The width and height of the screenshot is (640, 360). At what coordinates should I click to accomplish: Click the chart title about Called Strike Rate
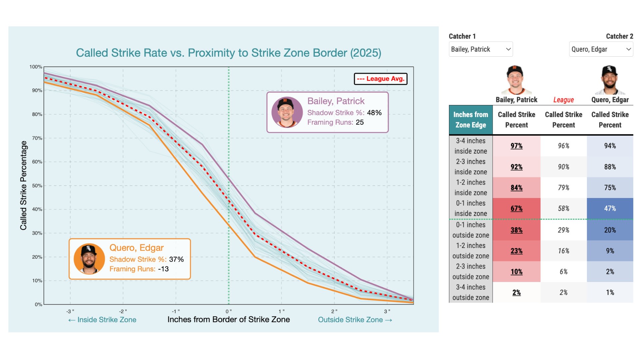(x=228, y=53)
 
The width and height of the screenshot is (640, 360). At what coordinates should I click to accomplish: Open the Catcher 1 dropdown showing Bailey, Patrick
(x=480, y=49)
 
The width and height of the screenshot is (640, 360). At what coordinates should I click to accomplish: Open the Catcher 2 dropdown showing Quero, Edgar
(x=601, y=49)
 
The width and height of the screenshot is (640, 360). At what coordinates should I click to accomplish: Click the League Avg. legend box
(x=380, y=79)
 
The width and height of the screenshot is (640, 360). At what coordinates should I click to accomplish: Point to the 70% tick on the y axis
(x=37, y=138)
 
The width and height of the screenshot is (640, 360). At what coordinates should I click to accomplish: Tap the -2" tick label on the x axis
(x=123, y=311)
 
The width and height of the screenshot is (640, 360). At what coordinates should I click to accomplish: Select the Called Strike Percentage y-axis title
(x=23, y=185)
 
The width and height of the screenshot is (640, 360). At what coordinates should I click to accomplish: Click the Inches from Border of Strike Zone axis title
(x=228, y=320)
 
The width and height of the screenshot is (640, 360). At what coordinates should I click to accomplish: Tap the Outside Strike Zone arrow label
(x=355, y=320)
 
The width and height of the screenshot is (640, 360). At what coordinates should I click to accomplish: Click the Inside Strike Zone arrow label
(x=102, y=320)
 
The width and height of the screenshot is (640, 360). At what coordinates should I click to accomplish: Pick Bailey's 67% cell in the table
(x=516, y=209)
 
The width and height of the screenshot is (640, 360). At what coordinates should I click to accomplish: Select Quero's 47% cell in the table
(x=610, y=209)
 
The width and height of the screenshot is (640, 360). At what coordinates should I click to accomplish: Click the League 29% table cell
(x=563, y=230)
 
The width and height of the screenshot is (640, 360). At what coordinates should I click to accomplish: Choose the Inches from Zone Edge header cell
(x=470, y=120)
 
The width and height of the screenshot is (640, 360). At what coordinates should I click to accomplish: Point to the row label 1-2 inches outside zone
(x=470, y=251)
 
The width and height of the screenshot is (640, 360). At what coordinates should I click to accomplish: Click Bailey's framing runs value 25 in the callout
(x=360, y=122)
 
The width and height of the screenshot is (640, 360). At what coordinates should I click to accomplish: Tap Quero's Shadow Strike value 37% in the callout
(x=176, y=259)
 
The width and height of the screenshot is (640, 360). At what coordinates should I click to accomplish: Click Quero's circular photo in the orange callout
(x=89, y=259)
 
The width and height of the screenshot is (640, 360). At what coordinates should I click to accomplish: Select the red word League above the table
(x=563, y=100)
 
